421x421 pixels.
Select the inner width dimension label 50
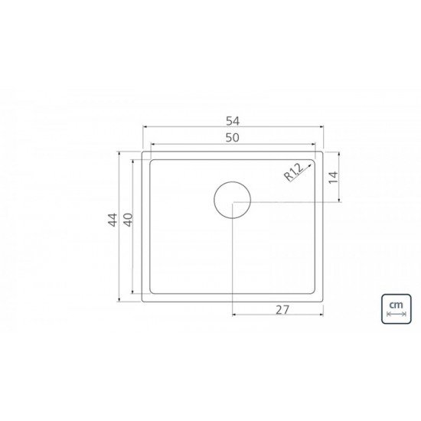click(233, 137)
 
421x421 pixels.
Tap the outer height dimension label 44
click(113, 222)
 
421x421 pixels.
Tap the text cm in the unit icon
click(396, 305)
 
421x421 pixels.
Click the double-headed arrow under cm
click(396, 315)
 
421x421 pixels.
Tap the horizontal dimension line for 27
click(260, 314)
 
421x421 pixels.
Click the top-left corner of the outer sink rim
click(143, 152)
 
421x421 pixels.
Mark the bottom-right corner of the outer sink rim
click(322, 299)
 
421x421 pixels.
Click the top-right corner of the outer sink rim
click(322, 152)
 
